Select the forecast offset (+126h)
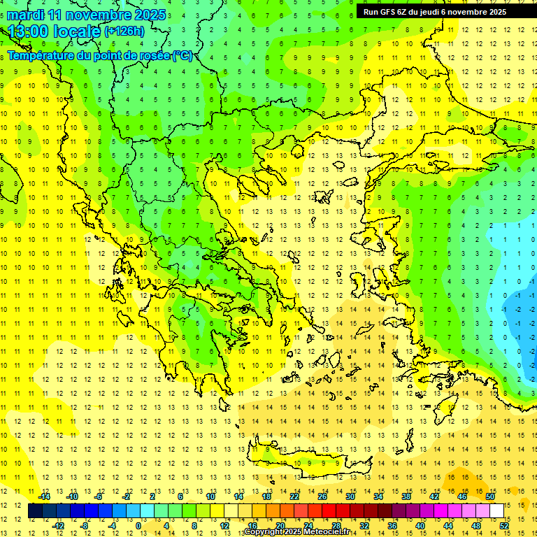tap(124, 31)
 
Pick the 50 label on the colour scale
tap(489, 496)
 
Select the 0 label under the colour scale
tap(138, 526)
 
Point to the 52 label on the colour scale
tap(504, 526)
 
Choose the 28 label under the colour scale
tap(336, 526)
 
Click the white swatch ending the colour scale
tap(496, 511)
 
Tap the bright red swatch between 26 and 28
tap(329, 511)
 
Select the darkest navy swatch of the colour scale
tap(35, 511)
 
